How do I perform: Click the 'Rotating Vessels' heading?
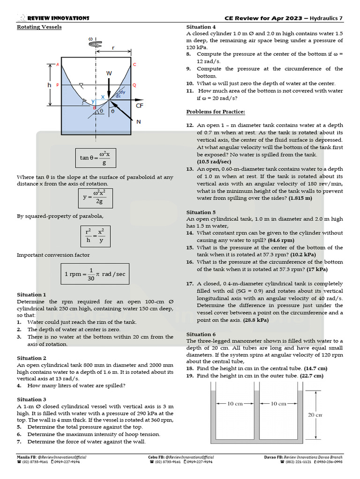[x=39, y=27]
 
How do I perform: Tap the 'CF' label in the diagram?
[x=140, y=106]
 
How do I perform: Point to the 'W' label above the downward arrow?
[x=109, y=73]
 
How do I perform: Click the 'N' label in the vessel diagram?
[x=138, y=122]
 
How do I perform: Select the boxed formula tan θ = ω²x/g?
[x=95, y=158]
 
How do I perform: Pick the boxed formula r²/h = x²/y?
[x=95, y=235]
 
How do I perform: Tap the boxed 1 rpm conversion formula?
[x=95, y=274]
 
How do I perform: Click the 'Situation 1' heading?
[x=31, y=295]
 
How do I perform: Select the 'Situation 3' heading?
[x=31, y=399]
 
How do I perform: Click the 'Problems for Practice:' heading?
[x=216, y=112]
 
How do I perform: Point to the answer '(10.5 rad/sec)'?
[x=214, y=162]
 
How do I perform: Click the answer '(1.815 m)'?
[x=300, y=198]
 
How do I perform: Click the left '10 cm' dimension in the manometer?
[x=234, y=404]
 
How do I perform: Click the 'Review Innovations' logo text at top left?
[x=58, y=18]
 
